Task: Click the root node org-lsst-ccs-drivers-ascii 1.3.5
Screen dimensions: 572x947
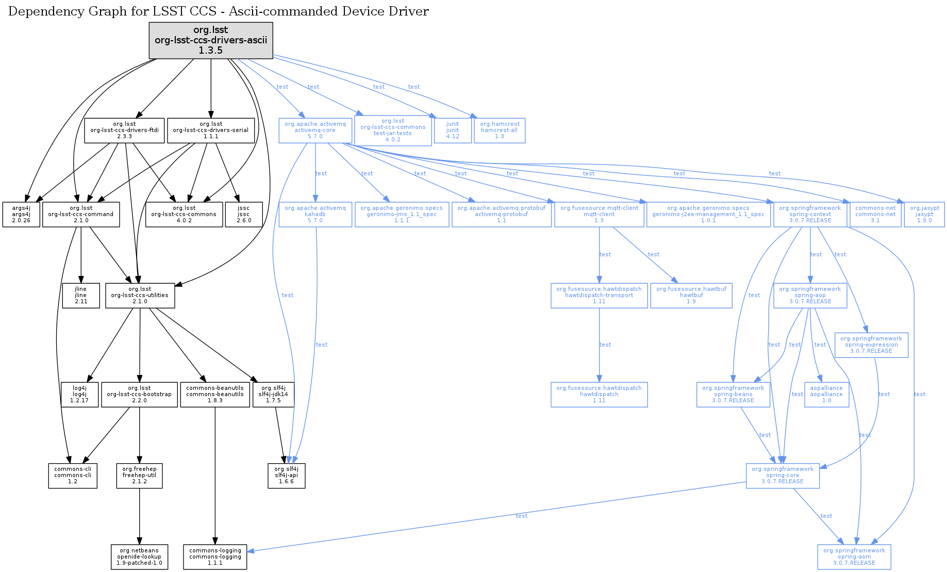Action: [211, 40]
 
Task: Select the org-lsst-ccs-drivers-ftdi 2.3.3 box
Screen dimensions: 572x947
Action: [124, 130]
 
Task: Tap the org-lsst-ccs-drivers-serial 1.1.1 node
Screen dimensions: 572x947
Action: [210, 130]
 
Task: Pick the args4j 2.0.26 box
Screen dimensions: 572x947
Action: [21, 215]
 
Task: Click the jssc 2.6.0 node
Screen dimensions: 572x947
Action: [244, 215]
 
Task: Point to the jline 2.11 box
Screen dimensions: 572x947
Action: [81, 296]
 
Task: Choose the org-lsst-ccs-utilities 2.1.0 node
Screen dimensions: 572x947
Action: [140, 296]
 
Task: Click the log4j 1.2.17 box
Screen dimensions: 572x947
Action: [80, 395]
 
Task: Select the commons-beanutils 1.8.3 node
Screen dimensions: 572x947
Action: [215, 395]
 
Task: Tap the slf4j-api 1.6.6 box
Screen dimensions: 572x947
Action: [287, 476]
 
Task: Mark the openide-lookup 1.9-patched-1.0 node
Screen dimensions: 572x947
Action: [139, 557]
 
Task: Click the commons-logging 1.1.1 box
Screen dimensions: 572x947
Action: [215, 557]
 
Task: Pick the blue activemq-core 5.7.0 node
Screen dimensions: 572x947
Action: [315, 130]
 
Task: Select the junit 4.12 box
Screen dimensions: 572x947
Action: [453, 130]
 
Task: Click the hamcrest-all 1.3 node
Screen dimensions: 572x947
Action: [500, 130]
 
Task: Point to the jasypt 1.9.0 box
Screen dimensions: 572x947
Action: [924, 215]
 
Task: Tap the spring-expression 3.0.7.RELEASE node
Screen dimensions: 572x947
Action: [871, 345]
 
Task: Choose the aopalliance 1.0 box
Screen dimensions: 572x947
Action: [826, 395]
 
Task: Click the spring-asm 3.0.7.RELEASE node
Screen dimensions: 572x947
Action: [854, 557]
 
